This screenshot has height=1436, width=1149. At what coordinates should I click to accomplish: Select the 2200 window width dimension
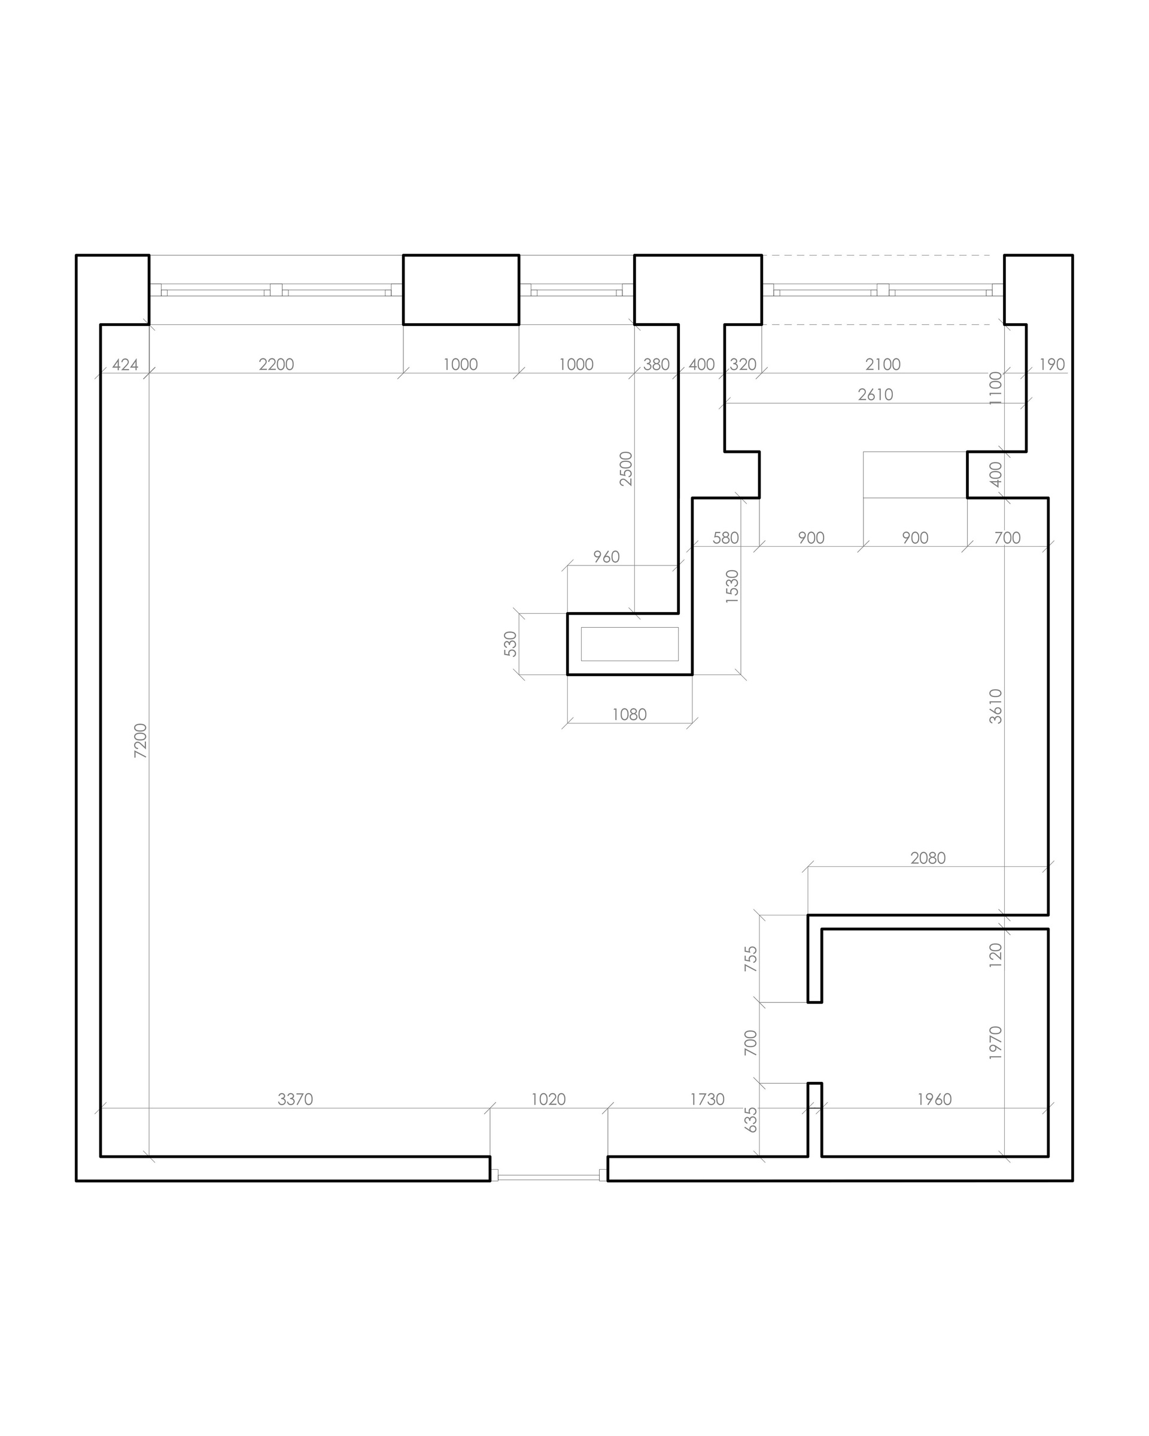point(276,364)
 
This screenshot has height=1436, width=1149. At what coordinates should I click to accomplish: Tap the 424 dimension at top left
point(125,364)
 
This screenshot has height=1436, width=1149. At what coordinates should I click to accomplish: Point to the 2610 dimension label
point(876,394)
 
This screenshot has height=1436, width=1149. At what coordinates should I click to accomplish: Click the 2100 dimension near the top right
point(883,364)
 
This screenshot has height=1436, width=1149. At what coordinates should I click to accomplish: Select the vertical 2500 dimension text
point(625,469)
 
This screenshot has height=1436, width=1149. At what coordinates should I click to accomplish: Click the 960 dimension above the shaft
point(606,557)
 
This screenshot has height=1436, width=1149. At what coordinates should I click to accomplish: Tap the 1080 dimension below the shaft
point(630,714)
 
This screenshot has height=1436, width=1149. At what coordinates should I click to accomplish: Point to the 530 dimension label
point(510,644)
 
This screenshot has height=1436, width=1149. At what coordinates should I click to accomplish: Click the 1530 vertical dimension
point(732,587)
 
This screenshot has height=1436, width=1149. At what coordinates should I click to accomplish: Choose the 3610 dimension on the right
point(995,706)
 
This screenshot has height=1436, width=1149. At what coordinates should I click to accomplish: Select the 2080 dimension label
point(928,858)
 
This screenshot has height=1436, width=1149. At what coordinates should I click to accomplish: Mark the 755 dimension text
point(750,959)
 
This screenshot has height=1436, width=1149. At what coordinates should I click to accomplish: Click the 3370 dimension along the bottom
point(295,1099)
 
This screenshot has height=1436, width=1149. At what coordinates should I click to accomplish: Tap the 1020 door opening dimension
point(548,1099)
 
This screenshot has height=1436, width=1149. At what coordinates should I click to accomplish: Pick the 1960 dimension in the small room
point(935,1099)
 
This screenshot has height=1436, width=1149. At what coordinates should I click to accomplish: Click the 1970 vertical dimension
point(995,1042)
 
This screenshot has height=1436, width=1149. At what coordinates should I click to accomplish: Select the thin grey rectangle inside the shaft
point(630,644)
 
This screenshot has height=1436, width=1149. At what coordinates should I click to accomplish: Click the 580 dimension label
point(725,537)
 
